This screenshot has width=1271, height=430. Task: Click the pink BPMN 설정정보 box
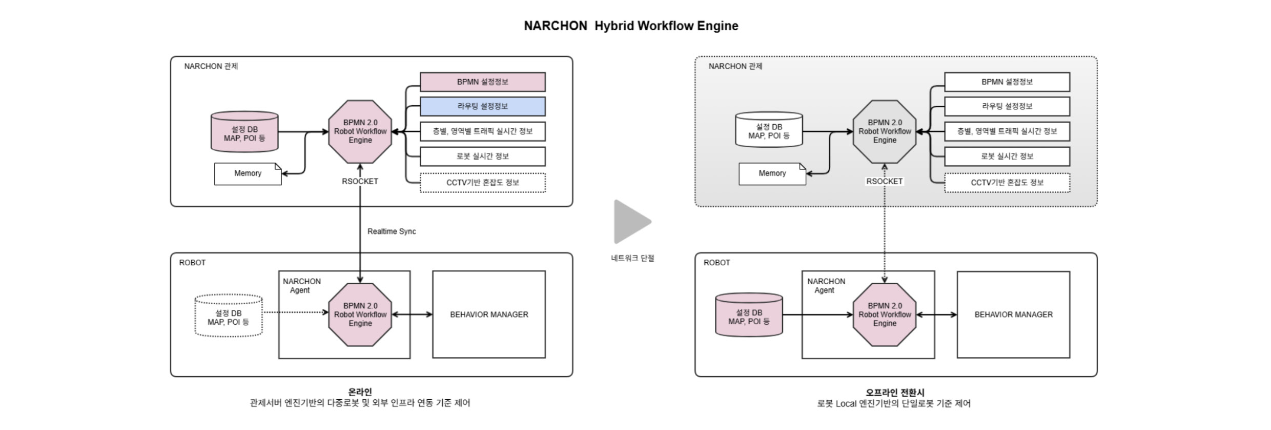pos(482,82)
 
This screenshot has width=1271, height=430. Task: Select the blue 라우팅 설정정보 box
pos(482,106)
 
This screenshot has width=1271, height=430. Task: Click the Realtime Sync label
pos(392,231)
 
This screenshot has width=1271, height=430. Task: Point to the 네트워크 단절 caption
pos(632,258)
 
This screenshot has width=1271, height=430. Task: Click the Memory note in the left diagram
pos(248,174)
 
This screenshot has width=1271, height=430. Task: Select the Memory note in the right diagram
pos(772,174)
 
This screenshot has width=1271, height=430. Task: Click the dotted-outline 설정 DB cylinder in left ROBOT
pos(229,317)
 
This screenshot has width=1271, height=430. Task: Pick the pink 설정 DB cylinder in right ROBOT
pos(749,316)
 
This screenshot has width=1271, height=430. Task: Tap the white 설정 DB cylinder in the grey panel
pos(769,131)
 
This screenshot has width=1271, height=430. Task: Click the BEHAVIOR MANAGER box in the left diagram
pos(489,315)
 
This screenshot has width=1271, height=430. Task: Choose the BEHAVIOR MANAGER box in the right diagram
pos(1013,315)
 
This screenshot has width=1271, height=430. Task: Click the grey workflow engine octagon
pos(885,132)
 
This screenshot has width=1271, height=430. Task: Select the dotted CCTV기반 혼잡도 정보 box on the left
pos(482,183)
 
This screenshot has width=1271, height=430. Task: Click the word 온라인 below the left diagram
pos(360,392)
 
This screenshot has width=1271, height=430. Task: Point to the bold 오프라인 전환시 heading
pos(894,393)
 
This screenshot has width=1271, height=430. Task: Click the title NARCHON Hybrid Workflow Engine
pos(631,26)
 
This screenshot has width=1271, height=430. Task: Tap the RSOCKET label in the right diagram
pos(885,182)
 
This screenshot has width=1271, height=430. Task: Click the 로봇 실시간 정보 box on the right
pos(1007,157)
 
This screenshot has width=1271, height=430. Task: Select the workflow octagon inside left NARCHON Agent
pos(360,315)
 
